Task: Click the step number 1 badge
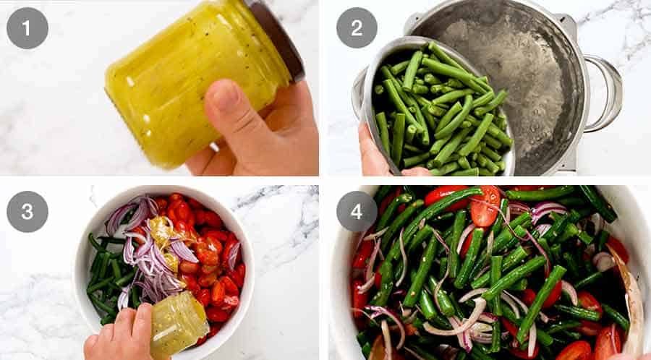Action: point(27,27)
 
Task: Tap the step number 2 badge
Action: point(357,27)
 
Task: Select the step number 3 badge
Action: point(27,211)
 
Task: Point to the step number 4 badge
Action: point(357,211)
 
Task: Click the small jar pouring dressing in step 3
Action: point(177,322)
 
